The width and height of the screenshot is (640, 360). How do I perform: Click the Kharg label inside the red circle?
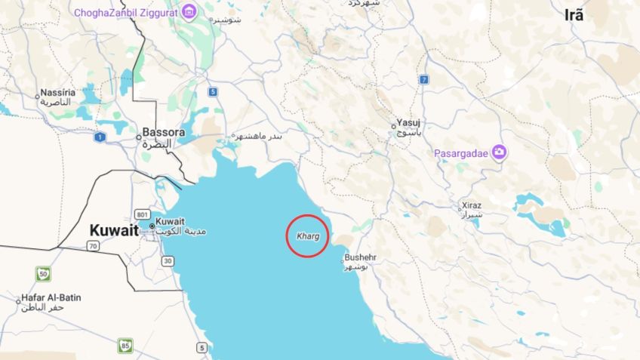[308, 236]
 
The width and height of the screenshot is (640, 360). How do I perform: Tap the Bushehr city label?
[360, 257]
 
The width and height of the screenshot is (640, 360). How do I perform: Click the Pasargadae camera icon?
[499, 152]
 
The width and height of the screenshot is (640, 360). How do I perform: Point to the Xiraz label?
[471, 205]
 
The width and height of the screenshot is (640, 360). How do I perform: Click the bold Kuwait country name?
[114, 231]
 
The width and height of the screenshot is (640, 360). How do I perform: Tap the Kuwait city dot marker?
[152, 226]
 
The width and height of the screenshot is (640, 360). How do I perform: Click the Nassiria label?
[58, 93]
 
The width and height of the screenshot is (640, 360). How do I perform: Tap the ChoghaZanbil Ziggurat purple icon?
[189, 11]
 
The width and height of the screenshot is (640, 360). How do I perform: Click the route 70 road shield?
[93, 246]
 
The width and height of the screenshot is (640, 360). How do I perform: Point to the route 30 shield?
[168, 261]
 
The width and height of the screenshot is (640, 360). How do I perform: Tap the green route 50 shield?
[44, 273]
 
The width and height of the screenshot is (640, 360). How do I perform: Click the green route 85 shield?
[125, 345]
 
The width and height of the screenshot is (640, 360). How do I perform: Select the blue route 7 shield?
[424, 79]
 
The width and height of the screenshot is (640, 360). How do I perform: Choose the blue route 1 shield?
[100, 137]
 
